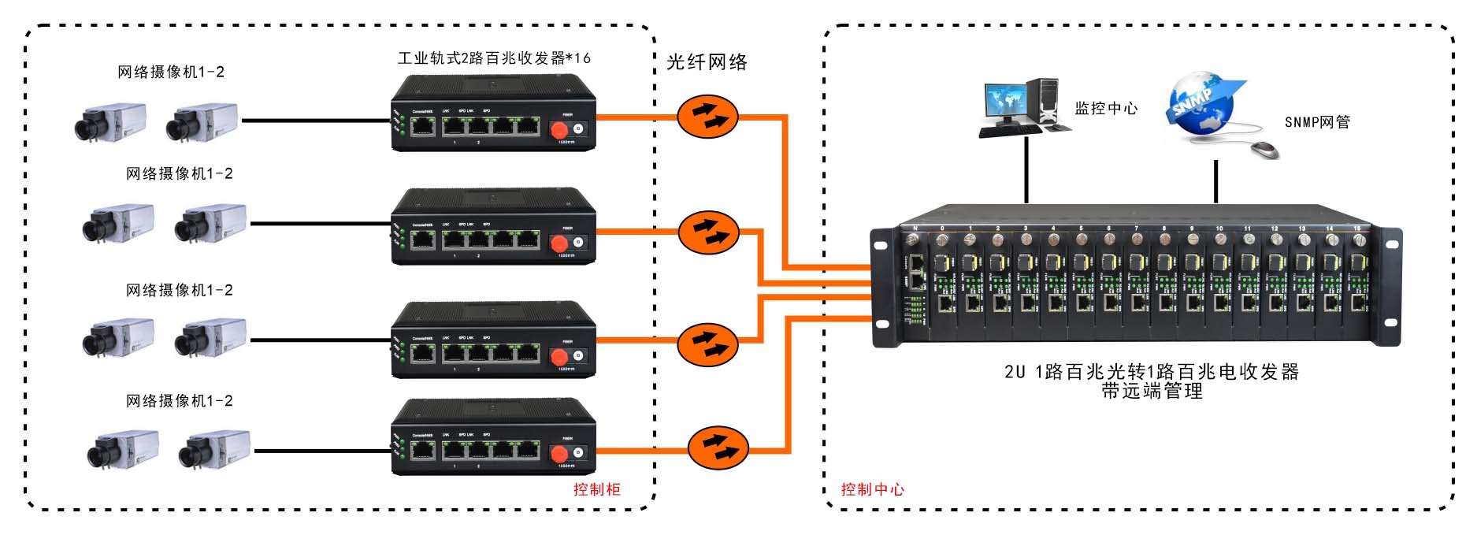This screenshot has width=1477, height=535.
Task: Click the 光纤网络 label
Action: point(707,62)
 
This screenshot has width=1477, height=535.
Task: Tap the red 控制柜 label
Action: point(596,489)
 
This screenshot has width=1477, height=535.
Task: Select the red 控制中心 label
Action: point(872,489)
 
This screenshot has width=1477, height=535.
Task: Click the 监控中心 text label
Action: point(1106,109)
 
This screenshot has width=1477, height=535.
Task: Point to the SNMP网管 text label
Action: point(1317,122)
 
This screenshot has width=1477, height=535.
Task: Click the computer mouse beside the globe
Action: point(1265,149)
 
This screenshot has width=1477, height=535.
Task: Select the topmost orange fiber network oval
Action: point(707,117)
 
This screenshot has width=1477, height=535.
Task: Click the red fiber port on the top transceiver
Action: point(559,128)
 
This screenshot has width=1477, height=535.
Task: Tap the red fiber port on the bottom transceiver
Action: point(559,455)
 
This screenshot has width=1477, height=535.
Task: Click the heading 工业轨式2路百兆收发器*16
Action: point(494,58)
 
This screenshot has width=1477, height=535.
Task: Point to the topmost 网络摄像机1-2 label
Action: point(171,72)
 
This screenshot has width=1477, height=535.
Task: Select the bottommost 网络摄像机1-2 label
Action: point(180,401)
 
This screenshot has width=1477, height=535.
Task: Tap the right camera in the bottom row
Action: point(213,449)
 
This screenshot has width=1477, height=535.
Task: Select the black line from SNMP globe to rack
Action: point(1216,181)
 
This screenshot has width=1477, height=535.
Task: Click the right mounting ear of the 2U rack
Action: point(1390,288)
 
